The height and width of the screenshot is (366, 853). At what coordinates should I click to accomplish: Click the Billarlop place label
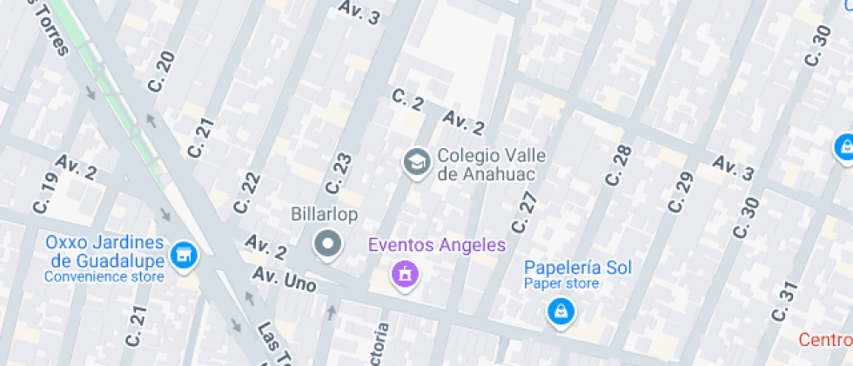325,214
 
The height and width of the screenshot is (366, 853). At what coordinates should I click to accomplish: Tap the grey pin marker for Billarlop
327,244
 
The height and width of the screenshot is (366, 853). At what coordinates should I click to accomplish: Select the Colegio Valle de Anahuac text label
492,164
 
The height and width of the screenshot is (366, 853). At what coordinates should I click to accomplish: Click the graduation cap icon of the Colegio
416,162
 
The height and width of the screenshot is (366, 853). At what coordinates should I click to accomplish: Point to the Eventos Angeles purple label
437,244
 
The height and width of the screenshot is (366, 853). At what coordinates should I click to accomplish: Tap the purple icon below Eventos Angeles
405,275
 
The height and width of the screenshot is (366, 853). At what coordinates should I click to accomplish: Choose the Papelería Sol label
578,267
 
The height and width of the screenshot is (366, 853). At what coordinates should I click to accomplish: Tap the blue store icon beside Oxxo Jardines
184,255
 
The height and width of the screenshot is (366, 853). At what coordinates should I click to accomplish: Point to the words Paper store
561,283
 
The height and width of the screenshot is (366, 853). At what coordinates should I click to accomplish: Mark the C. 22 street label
247,192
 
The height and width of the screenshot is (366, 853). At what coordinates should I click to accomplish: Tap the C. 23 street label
338,174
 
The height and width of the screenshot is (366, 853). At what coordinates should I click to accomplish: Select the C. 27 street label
525,212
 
